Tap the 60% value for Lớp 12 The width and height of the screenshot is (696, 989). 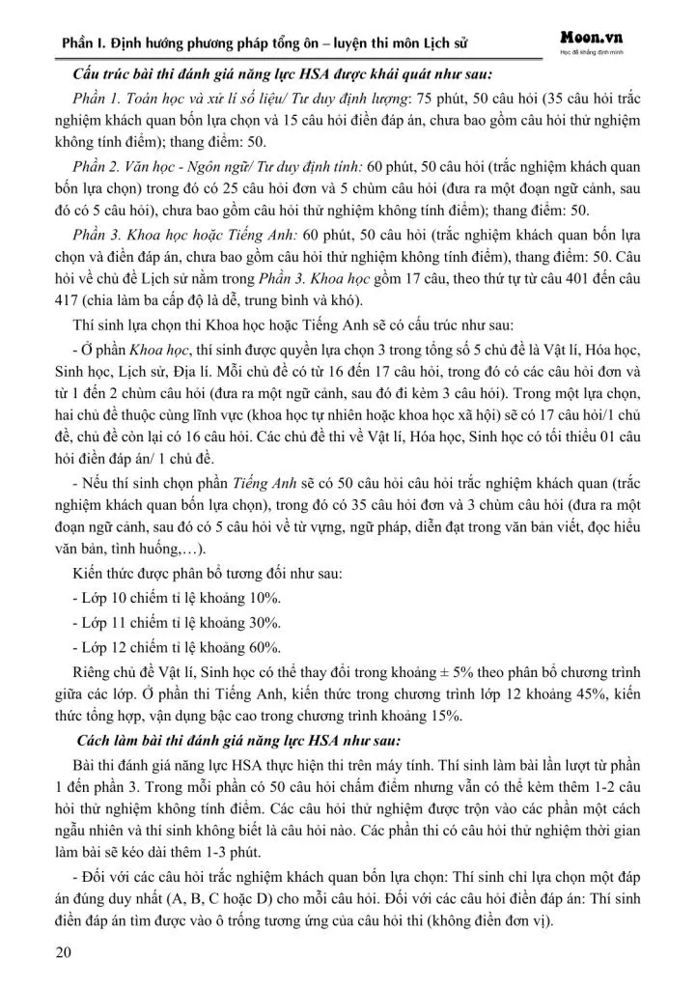(x=254, y=647)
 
